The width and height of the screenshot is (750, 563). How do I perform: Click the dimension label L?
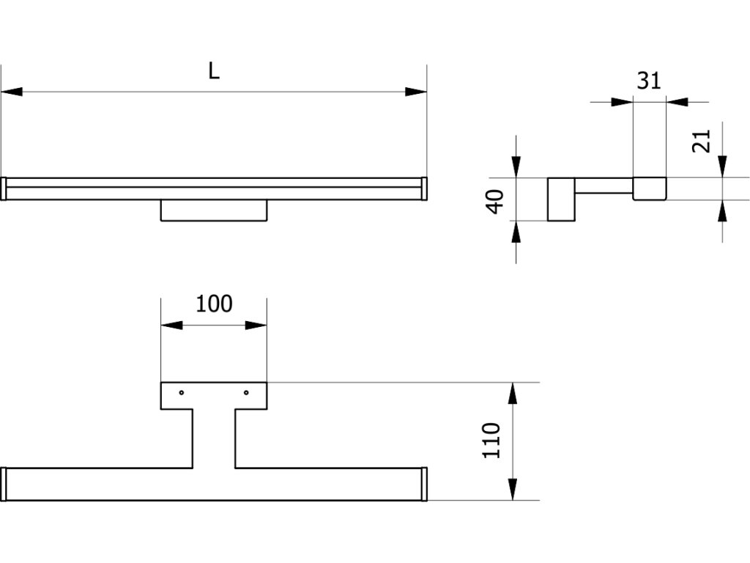pos(214,71)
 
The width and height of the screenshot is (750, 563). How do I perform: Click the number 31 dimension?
pos(648,80)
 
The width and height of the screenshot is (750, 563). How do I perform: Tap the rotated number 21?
pos(702,140)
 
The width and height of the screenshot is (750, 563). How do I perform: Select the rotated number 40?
pos(497,200)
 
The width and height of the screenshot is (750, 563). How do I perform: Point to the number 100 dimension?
pos(214,303)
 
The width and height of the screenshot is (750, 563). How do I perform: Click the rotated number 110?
pos(491,441)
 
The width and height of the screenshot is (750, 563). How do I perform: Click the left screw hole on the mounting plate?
pos(182,392)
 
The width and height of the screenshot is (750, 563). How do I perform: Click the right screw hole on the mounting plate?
pos(246,392)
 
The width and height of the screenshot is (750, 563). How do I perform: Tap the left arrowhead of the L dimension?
pos(12,92)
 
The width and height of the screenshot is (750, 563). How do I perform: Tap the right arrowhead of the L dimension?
pos(416,92)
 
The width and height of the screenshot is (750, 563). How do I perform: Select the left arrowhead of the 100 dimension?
pos(171,325)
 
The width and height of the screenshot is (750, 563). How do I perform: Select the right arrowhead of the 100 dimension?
pos(256,325)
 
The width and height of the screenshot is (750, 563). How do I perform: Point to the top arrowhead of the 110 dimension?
pos(513,394)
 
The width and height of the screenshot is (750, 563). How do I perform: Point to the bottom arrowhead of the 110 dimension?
pos(513,489)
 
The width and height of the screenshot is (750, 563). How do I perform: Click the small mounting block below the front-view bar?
pos(214,210)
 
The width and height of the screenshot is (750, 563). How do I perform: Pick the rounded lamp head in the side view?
pos(650,189)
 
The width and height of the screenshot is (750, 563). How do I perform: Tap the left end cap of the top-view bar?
pos(4,484)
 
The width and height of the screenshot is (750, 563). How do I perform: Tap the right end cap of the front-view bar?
pos(424,188)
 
